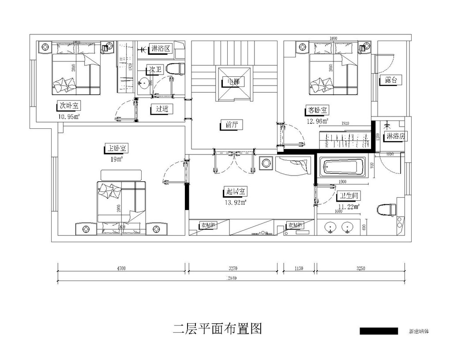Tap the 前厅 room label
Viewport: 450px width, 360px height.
click(231, 125)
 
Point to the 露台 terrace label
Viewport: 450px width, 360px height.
click(391, 80)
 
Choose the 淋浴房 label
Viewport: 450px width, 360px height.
click(395, 136)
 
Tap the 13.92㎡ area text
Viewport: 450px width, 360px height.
click(236, 202)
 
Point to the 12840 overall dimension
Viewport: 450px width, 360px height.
click(232, 278)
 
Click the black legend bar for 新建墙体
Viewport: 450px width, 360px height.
click(379, 331)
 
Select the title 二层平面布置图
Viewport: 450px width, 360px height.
click(217, 329)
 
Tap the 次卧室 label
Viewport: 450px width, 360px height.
click(69, 106)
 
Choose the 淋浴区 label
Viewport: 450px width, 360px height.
click(160, 49)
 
